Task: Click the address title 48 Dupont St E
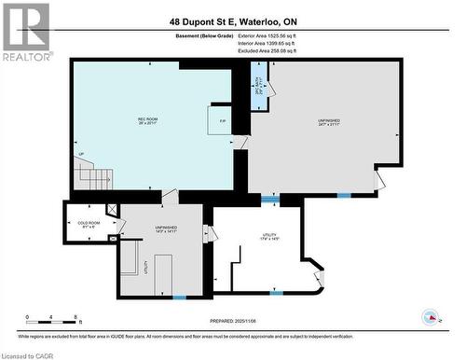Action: (232, 21)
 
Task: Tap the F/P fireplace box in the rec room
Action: (222, 121)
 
